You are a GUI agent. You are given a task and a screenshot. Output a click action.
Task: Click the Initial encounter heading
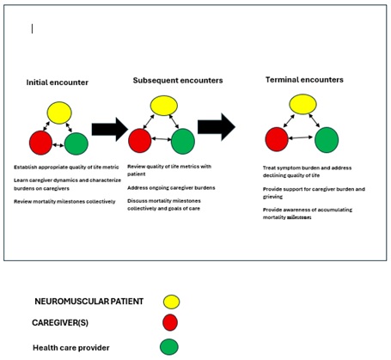(57, 82)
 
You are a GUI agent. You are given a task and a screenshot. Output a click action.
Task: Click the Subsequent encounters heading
(178, 80)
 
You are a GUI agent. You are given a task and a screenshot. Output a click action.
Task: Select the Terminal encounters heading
(304, 80)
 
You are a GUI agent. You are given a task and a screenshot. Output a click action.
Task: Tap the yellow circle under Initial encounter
(59, 113)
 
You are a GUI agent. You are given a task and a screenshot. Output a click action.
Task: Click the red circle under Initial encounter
(40, 142)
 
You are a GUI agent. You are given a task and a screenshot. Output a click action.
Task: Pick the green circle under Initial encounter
(76, 143)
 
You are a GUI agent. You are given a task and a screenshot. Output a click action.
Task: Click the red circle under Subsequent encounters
(140, 140)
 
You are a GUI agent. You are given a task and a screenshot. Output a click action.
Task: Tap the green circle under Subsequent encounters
(182, 140)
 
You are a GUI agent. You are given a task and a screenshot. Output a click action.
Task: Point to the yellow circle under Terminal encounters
(302, 105)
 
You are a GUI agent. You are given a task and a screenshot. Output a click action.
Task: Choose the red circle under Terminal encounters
(277, 138)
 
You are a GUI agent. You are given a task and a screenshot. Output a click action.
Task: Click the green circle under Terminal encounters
(327, 139)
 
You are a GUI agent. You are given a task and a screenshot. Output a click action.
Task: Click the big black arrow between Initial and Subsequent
(109, 130)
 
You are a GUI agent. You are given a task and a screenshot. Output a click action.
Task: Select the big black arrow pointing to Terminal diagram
(216, 127)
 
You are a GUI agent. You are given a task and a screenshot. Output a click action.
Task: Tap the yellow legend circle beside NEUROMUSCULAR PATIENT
(171, 302)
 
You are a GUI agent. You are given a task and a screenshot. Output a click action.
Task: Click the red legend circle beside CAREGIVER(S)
(171, 322)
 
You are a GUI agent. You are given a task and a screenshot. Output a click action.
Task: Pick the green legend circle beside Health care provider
(171, 347)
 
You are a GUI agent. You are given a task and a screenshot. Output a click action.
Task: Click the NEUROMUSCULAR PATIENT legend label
(89, 302)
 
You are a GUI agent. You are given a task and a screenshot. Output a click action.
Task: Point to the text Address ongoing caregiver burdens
(171, 187)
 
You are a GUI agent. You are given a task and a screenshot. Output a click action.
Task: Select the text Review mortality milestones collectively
(64, 201)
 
